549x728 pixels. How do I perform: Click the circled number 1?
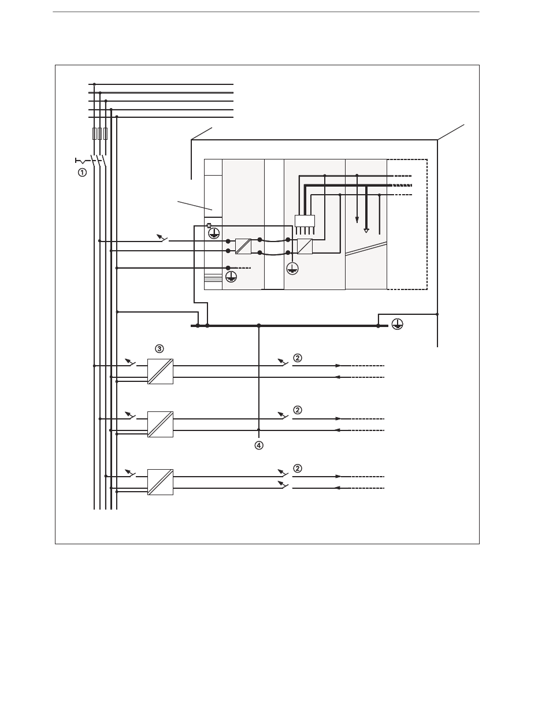(83, 172)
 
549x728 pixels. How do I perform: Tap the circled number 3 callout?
(159, 348)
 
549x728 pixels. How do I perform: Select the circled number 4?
(259, 445)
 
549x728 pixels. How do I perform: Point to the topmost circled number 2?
(297, 358)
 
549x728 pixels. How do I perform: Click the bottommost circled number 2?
(297, 468)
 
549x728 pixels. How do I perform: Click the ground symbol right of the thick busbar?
(397, 325)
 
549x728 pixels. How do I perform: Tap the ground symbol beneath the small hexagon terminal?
(214, 233)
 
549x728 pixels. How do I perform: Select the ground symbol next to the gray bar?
(231, 277)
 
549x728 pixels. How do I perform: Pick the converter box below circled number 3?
(160, 372)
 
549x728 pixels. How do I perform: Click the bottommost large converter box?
(160, 482)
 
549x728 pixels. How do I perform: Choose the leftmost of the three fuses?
(94, 134)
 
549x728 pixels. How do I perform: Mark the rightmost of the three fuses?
(105, 134)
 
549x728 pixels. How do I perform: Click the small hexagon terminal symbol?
(209, 226)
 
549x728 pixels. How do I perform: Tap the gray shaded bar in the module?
(213, 280)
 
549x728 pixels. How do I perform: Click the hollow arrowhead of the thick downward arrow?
(366, 230)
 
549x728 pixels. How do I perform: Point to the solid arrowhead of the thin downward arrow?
(357, 221)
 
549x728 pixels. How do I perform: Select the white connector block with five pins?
(305, 221)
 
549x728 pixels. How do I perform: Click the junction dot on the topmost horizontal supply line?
(94, 84)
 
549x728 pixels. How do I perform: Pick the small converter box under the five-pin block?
(305, 246)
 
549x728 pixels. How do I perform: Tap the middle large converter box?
(160, 424)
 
